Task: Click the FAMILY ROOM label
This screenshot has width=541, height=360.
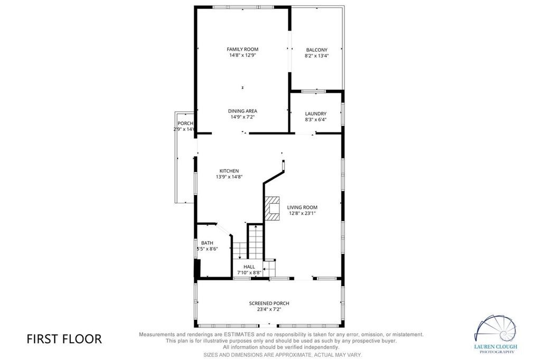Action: point(242,49)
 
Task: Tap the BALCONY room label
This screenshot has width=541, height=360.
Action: point(317,50)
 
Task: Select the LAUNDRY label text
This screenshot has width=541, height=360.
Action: point(316,114)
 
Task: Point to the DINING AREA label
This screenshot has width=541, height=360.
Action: point(242,111)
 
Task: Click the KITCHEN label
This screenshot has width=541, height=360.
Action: point(229,171)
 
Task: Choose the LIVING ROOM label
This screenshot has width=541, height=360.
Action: point(302,207)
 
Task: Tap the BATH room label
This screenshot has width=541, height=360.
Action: point(207,243)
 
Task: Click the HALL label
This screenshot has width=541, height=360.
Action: point(249,267)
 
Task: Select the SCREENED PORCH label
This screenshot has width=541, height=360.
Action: point(269,304)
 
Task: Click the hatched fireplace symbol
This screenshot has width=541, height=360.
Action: point(272,209)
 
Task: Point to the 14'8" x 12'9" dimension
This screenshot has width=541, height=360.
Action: point(242,55)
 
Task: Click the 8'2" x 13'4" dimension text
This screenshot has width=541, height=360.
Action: point(317,55)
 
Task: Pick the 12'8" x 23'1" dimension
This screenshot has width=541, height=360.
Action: point(302,213)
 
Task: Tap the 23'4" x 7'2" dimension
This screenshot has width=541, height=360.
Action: point(269,309)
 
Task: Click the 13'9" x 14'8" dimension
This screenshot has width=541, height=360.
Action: point(229,177)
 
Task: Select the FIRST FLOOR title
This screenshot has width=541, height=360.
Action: point(64,339)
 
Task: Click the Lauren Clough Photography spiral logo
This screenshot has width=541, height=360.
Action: point(496,329)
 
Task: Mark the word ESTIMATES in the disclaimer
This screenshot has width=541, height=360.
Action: point(239,335)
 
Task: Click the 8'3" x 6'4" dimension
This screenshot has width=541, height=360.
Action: point(316,120)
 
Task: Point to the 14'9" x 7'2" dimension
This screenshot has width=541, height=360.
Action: point(242,117)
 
